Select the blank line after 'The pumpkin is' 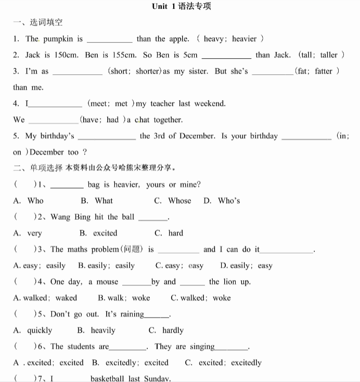point(109,41)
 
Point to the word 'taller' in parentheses point(329,55)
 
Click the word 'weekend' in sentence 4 point(210,103)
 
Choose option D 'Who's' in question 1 point(222,201)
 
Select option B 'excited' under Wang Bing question point(98,233)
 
